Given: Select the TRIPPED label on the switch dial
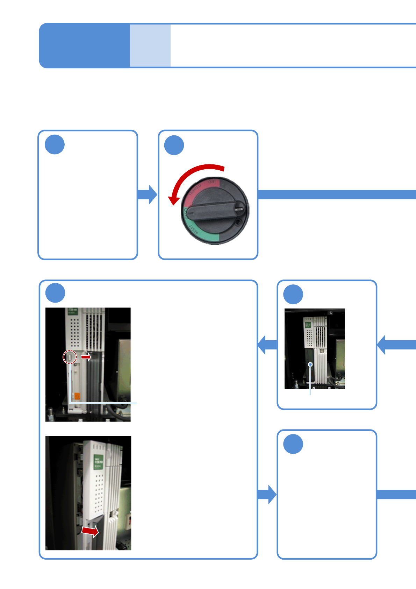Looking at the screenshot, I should pyautogui.click(x=196, y=189).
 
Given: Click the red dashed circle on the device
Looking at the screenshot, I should pyautogui.click(x=70, y=357).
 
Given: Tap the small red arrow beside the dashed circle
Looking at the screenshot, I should pyautogui.click(x=86, y=357).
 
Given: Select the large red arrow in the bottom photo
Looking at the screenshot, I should pyautogui.click(x=90, y=531).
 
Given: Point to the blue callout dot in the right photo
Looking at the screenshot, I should pyautogui.click(x=310, y=364).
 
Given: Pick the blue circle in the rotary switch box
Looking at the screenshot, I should pyautogui.click(x=174, y=145).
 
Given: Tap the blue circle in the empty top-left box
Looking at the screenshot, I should pyautogui.click(x=55, y=144).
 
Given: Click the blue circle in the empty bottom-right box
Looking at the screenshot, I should pyautogui.click(x=293, y=444).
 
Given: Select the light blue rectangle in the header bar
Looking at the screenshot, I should pyautogui.click(x=150, y=45).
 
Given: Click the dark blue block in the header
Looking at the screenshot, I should pyautogui.click(x=84, y=45).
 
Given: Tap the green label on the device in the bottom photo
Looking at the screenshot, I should pyautogui.click(x=98, y=462).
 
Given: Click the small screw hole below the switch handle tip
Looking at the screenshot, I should pyautogui.click(x=238, y=222).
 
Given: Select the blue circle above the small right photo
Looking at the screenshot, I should pyautogui.click(x=293, y=294).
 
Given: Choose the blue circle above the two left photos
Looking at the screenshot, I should pyautogui.click(x=55, y=293).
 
